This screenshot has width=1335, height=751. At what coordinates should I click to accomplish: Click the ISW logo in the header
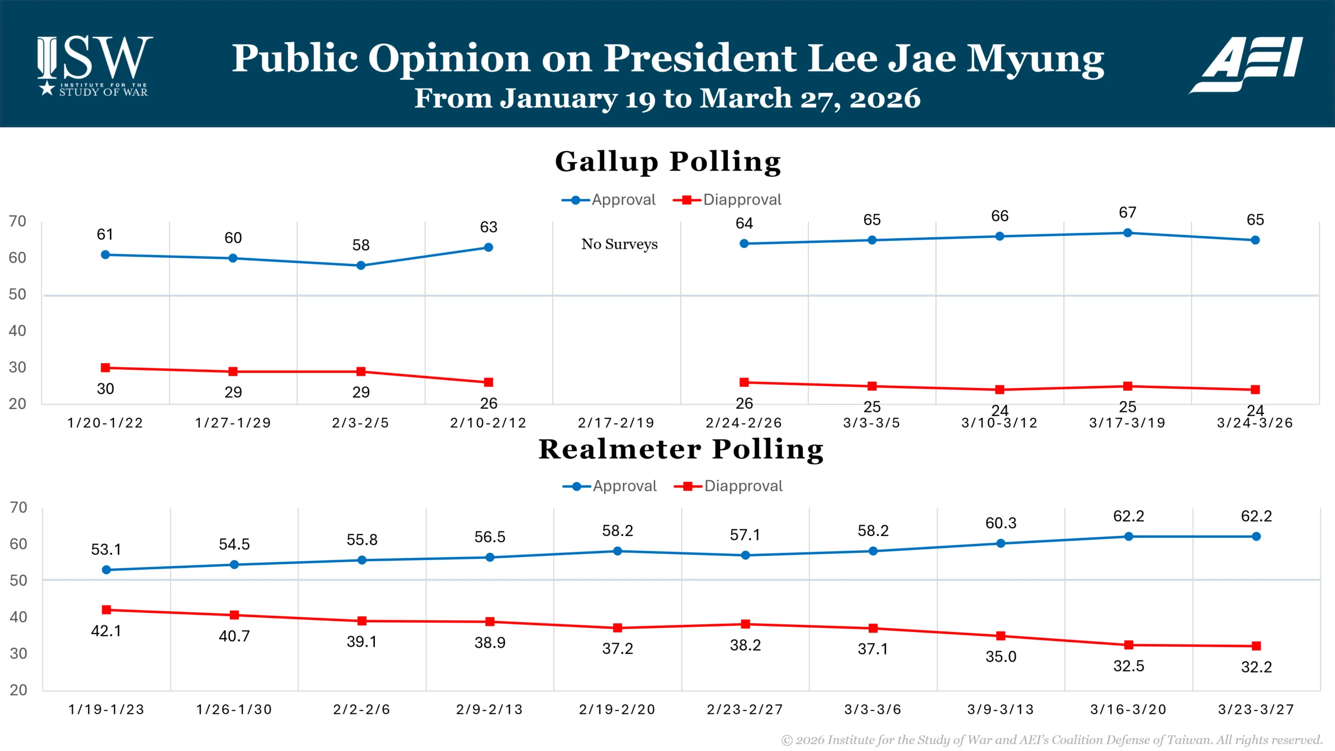pyautogui.click(x=94, y=66)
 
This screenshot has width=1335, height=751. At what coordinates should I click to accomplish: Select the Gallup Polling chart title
pyautogui.click(x=667, y=162)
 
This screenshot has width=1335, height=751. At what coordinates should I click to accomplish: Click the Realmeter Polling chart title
pyautogui.click(x=681, y=449)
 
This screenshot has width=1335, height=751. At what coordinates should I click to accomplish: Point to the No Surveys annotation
pyautogui.click(x=619, y=244)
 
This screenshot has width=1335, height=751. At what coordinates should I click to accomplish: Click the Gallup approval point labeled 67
pyautogui.click(x=1127, y=233)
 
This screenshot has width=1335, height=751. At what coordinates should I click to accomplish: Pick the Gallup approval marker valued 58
pyautogui.click(x=360, y=265)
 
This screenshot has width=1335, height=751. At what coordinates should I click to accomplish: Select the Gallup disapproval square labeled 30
pyautogui.click(x=105, y=368)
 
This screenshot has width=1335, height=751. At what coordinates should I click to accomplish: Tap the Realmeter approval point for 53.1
pyautogui.click(x=106, y=570)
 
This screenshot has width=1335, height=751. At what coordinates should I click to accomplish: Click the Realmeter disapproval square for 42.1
pyautogui.click(x=106, y=610)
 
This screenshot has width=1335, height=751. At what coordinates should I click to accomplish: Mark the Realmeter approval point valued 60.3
pyautogui.click(x=1001, y=543)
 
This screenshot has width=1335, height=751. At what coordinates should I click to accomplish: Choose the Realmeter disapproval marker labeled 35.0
pyautogui.click(x=1001, y=636)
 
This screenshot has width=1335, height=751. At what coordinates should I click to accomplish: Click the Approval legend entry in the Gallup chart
pyautogui.click(x=609, y=200)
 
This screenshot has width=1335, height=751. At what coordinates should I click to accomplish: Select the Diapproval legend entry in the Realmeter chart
pyautogui.click(x=729, y=486)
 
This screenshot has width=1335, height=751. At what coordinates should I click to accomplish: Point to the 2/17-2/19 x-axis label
pyautogui.click(x=616, y=423)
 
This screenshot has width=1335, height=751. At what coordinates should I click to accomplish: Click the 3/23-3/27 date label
pyautogui.click(x=1256, y=709)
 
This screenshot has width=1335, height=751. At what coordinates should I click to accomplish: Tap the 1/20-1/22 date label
pyautogui.click(x=105, y=423)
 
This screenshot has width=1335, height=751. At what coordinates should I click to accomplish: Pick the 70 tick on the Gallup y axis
pyautogui.click(x=17, y=221)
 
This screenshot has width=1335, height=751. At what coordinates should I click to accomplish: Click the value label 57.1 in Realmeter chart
pyautogui.click(x=745, y=535)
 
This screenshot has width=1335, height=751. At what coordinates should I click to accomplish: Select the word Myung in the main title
pyautogui.click(x=1035, y=59)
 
